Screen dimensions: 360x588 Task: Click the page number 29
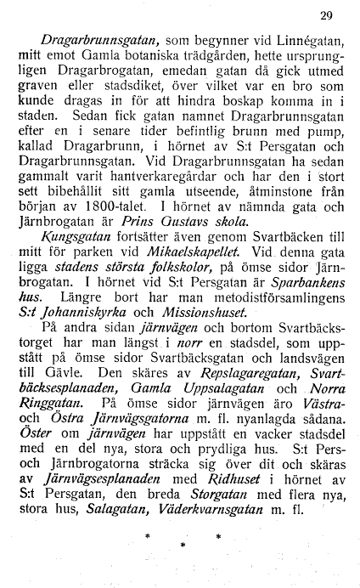327,14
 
